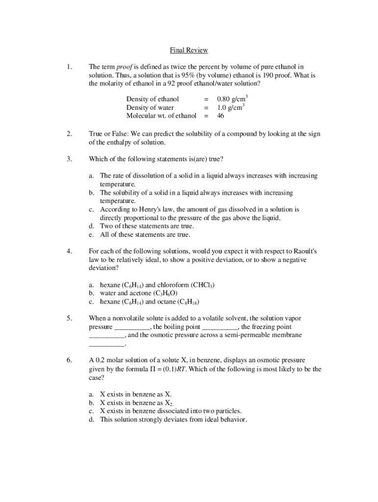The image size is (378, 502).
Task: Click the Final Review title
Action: click(x=189, y=50)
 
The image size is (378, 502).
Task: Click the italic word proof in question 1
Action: click(x=125, y=67)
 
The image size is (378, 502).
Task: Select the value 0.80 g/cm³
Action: click(x=232, y=99)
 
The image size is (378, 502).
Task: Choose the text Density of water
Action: click(x=150, y=107)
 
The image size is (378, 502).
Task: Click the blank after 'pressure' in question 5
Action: click(x=132, y=327)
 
